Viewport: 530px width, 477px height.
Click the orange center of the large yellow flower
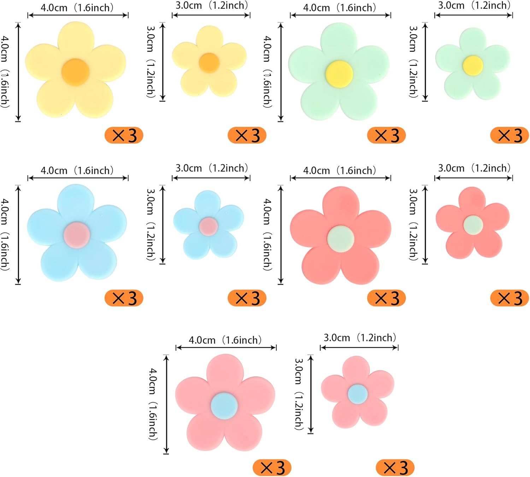(x=75, y=72)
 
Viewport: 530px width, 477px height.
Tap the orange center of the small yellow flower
(x=209, y=63)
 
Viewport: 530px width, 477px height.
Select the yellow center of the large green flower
(x=339, y=74)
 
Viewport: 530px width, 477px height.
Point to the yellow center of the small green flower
(x=473, y=65)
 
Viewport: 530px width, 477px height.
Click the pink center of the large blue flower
(x=77, y=235)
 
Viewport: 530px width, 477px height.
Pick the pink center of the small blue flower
(x=208, y=226)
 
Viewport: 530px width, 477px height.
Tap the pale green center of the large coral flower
(x=340, y=238)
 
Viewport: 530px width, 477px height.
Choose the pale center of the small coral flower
(x=473, y=225)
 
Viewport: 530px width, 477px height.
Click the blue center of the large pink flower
(x=224, y=406)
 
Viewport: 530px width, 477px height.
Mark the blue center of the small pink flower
(x=358, y=394)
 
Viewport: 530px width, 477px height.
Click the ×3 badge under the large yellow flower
(x=124, y=135)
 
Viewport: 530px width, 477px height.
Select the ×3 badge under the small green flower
(x=510, y=135)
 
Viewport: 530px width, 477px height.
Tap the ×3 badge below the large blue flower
(x=124, y=298)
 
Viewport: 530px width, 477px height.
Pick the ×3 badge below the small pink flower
(x=395, y=468)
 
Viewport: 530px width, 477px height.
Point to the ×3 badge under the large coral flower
(x=387, y=298)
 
